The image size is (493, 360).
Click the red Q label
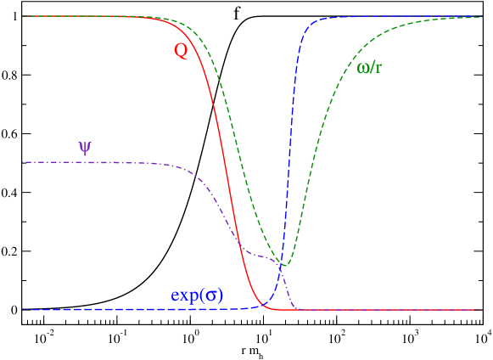click(x=181, y=51)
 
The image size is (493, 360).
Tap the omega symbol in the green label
click(x=363, y=67)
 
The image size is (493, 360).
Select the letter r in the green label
click(x=378, y=67)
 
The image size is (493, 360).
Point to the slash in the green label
click(x=373, y=67)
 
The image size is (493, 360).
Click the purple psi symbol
click(x=85, y=147)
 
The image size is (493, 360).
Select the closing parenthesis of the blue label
click(x=220, y=295)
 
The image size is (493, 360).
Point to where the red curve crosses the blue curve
click(x=262, y=305)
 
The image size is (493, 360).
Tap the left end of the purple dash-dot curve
click(x=23, y=161)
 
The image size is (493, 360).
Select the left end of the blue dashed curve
click(x=23, y=309)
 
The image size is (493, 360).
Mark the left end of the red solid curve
click(x=23, y=16)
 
